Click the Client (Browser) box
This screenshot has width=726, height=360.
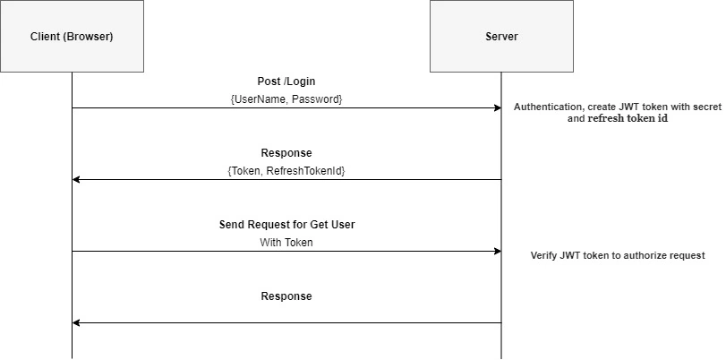coord(72,36)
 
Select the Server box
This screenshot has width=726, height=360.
coord(501,36)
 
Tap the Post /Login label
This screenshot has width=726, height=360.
coord(286,81)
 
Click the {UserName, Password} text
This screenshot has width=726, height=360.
coord(286,99)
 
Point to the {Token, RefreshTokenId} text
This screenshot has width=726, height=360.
coord(286,171)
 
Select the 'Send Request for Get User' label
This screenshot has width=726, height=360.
coord(286,225)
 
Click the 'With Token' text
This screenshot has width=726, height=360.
coord(286,243)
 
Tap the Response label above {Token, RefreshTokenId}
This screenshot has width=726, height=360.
coord(286,153)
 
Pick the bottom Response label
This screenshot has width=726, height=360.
coord(286,296)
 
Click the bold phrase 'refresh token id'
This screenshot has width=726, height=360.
coord(628,118)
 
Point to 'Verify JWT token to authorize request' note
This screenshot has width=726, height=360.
coord(618,255)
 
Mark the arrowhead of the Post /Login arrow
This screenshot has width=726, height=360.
coord(499,108)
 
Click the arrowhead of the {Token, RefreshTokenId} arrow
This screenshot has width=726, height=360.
coord(76,179)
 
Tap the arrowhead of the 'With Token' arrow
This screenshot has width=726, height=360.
coord(499,251)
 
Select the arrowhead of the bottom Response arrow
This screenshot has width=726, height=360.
coord(76,322)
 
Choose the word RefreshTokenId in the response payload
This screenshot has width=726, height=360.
coord(306,171)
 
